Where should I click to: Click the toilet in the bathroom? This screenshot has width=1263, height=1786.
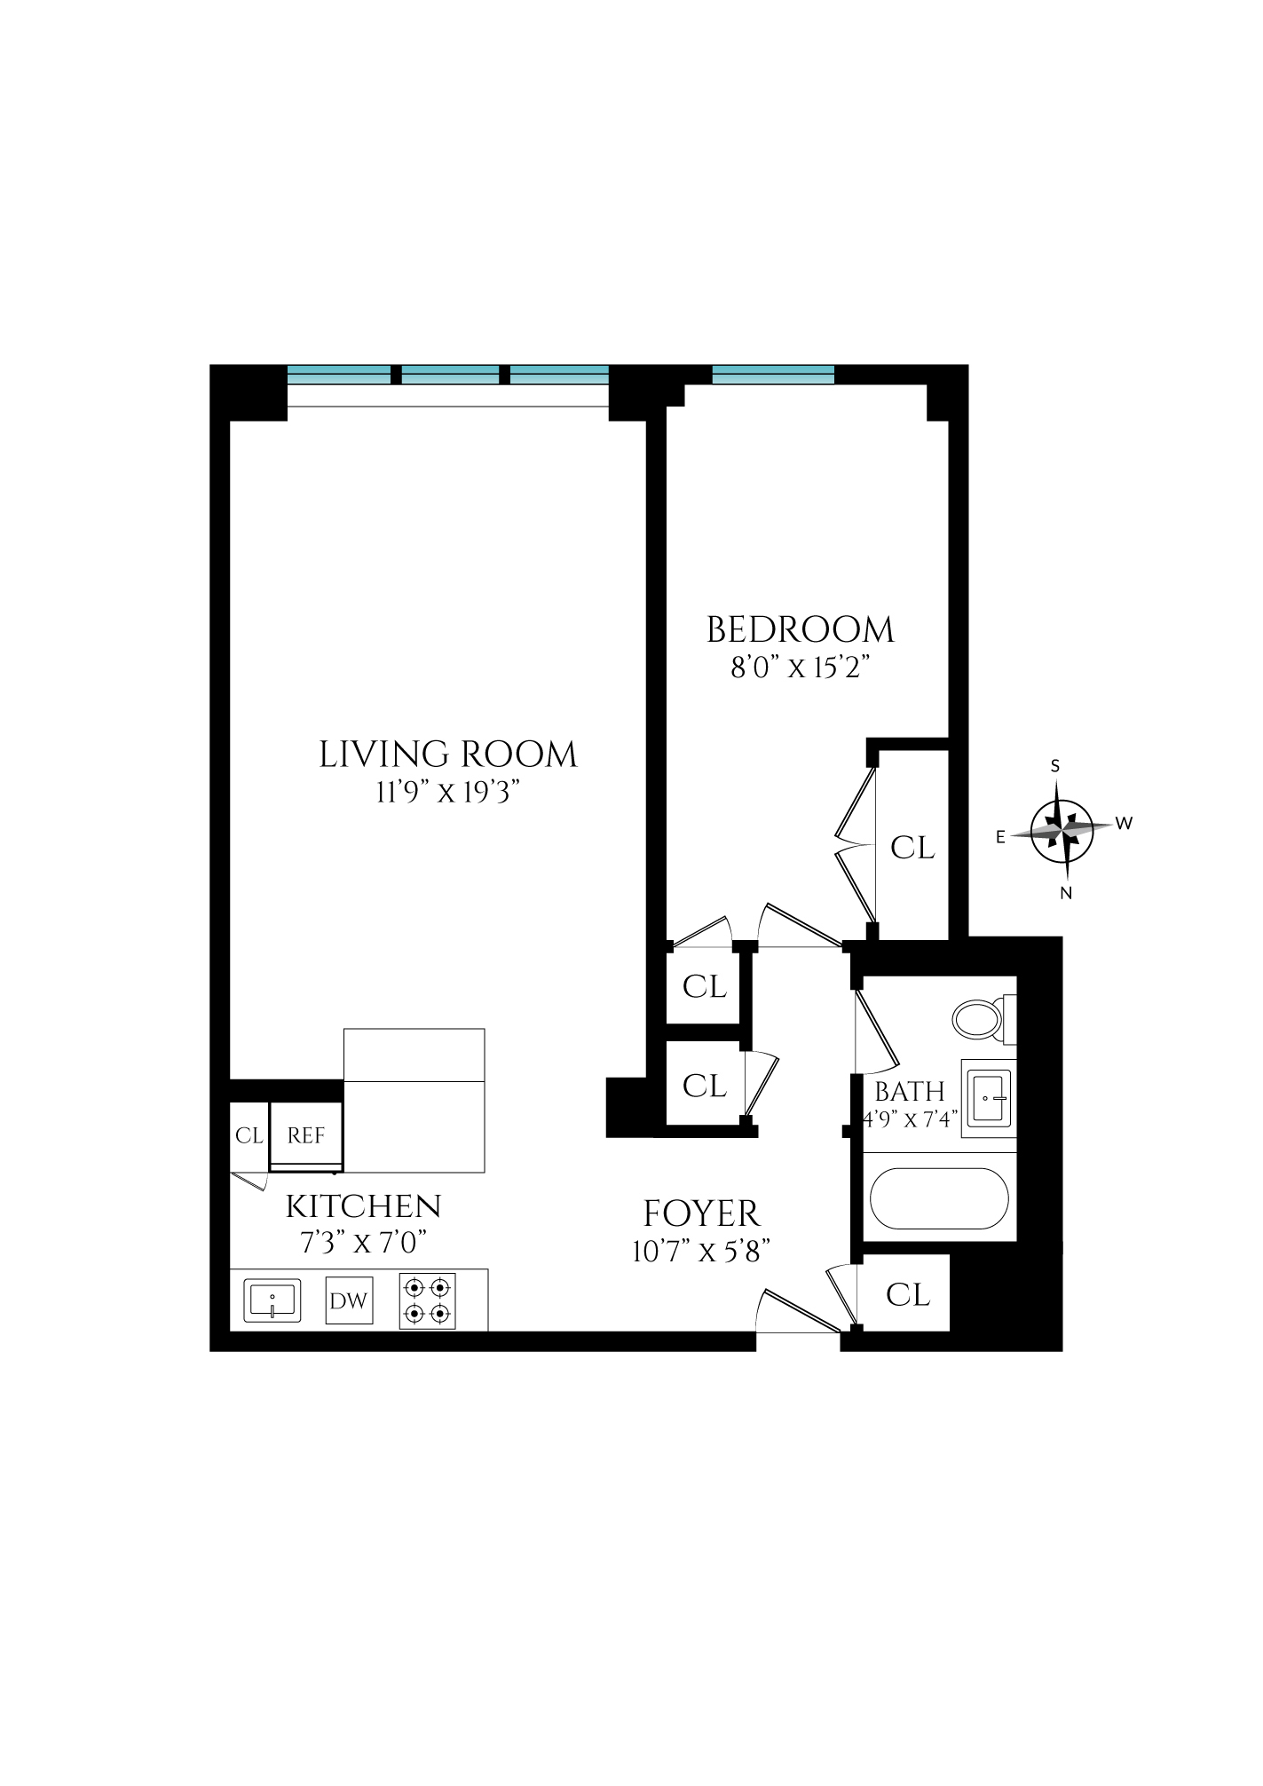(977, 1019)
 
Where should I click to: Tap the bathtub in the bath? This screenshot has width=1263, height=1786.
(939, 1198)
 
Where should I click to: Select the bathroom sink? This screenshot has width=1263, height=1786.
(987, 1098)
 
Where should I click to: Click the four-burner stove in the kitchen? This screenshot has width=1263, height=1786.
(427, 1300)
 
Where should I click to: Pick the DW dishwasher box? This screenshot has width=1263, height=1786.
(349, 1300)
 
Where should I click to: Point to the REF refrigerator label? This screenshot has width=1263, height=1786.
(305, 1135)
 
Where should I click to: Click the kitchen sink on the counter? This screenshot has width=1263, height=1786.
(272, 1300)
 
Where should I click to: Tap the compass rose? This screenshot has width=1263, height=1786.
(1062, 829)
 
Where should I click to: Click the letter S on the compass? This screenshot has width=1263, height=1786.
(1055, 766)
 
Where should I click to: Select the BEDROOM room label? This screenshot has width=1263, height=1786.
(800, 630)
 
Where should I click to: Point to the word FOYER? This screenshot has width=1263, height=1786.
(701, 1213)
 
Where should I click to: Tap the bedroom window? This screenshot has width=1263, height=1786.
(773, 375)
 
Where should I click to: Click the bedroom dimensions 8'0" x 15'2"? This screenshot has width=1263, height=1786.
(798, 668)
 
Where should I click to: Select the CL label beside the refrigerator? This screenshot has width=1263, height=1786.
(249, 1135)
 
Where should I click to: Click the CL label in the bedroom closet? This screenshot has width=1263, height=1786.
(912, 848)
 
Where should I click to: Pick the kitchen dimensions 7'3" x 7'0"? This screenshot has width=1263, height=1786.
(363, 1242)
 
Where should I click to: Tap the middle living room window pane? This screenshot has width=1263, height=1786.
(451, 375)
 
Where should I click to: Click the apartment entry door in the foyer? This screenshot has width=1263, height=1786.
(798, 1315)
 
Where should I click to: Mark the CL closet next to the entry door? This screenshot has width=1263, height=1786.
(907, 1294)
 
